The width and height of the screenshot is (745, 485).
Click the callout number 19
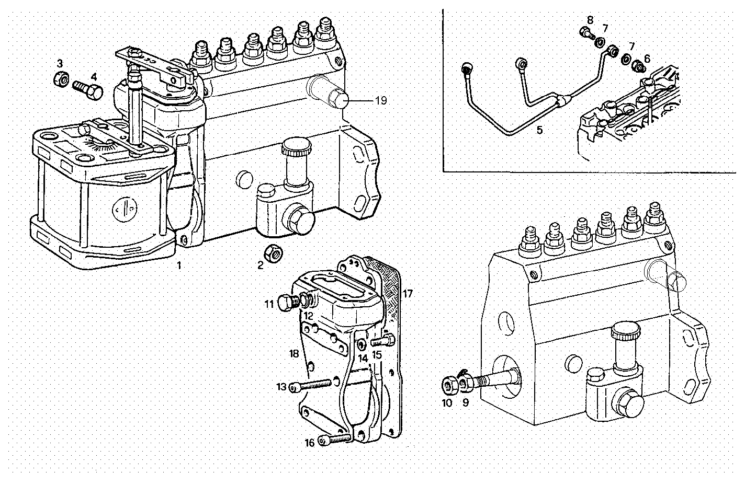pos(381,100)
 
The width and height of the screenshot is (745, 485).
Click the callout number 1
pos(178,265)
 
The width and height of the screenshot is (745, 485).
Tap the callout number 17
pos(408,294)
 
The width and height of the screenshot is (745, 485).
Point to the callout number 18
pos(295,354)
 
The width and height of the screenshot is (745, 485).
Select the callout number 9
pos(465,403)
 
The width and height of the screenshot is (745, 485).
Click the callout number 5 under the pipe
pos(539,130)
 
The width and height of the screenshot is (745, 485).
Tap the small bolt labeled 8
pos(586,33)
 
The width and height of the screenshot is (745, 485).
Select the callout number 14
pos(363,359)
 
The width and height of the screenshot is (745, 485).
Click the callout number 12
pos(308,316)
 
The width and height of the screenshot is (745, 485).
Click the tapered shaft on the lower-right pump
pos(494,378)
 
